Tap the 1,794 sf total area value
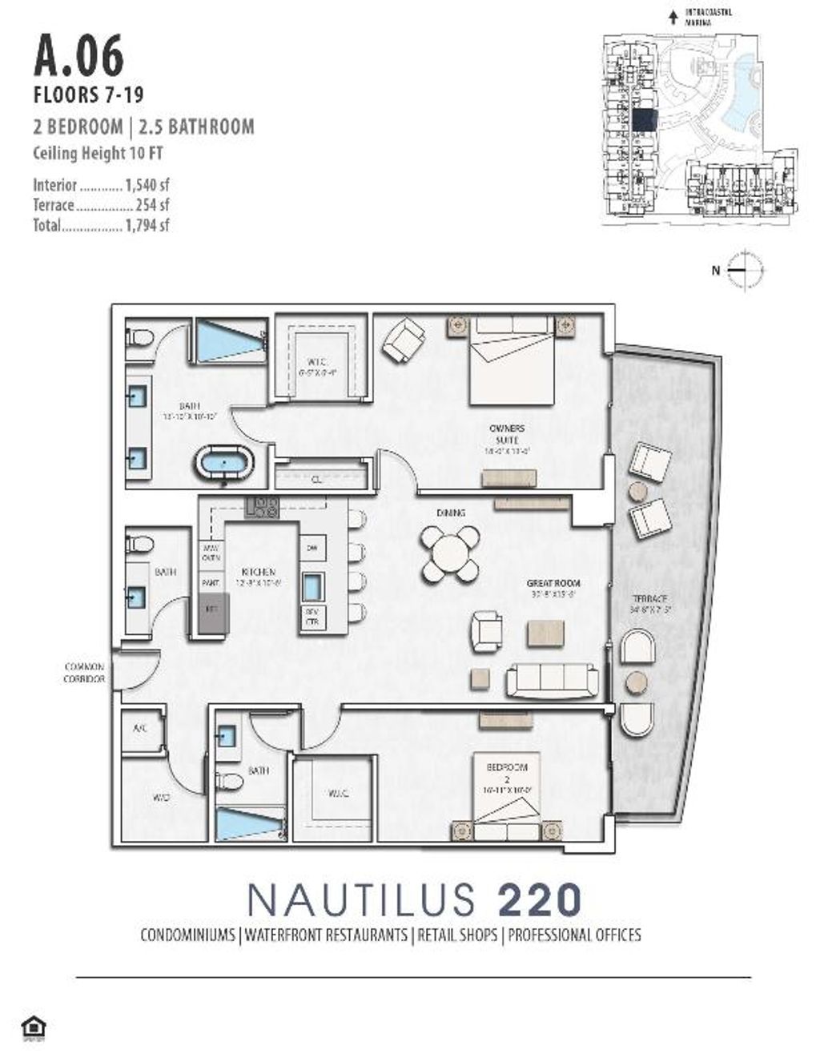pos(147,225)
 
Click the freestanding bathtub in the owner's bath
pos(224,465)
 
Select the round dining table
pos(448,553)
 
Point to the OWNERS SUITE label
pos(507,434)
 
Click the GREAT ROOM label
pos(553,584)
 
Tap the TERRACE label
pos(649,599)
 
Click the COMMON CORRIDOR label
pos(85,673)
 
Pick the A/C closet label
pos(140,729)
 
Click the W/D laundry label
pos(160,798)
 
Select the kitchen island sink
pos(312,586)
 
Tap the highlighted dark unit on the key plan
pos(644,119)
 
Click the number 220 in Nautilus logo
pos(540,899)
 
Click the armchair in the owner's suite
pos(403,340)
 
